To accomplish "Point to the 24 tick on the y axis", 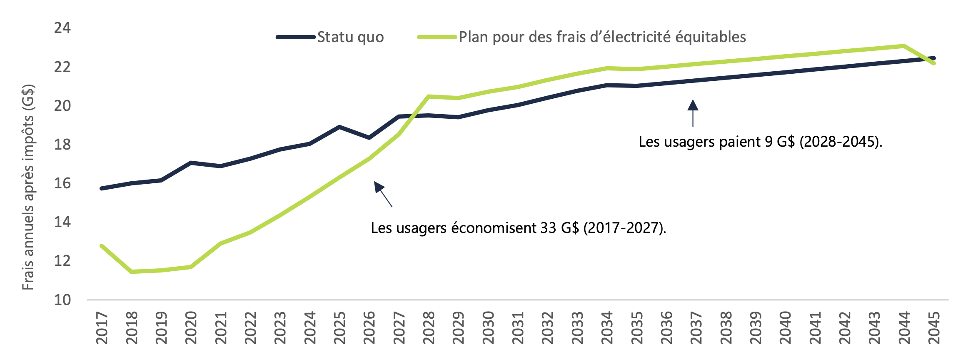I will tap(62, 28).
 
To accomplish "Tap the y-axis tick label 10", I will tap(62, 300).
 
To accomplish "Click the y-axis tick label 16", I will tap(62, 183).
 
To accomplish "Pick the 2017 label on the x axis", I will tap(102, 328).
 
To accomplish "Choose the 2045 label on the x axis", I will tap(934, 328).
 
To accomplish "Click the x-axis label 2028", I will tap(429, 328).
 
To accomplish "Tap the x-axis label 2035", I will tap(637, 328).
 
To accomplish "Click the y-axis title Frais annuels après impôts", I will tap(28, 187).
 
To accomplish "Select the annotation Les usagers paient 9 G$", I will tap(760, 142).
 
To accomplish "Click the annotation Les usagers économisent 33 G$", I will tap(518, 228).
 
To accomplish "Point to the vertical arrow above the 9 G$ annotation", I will tap(693, 112).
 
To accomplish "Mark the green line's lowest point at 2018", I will tap(132, 272).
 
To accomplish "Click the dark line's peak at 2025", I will tap(339, 127).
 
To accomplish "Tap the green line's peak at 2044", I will tap(904, 46).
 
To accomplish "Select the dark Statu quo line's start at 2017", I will tap(102, 188).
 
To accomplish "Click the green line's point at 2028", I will tap(429, 96).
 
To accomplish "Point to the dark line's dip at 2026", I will tap(369, 137).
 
